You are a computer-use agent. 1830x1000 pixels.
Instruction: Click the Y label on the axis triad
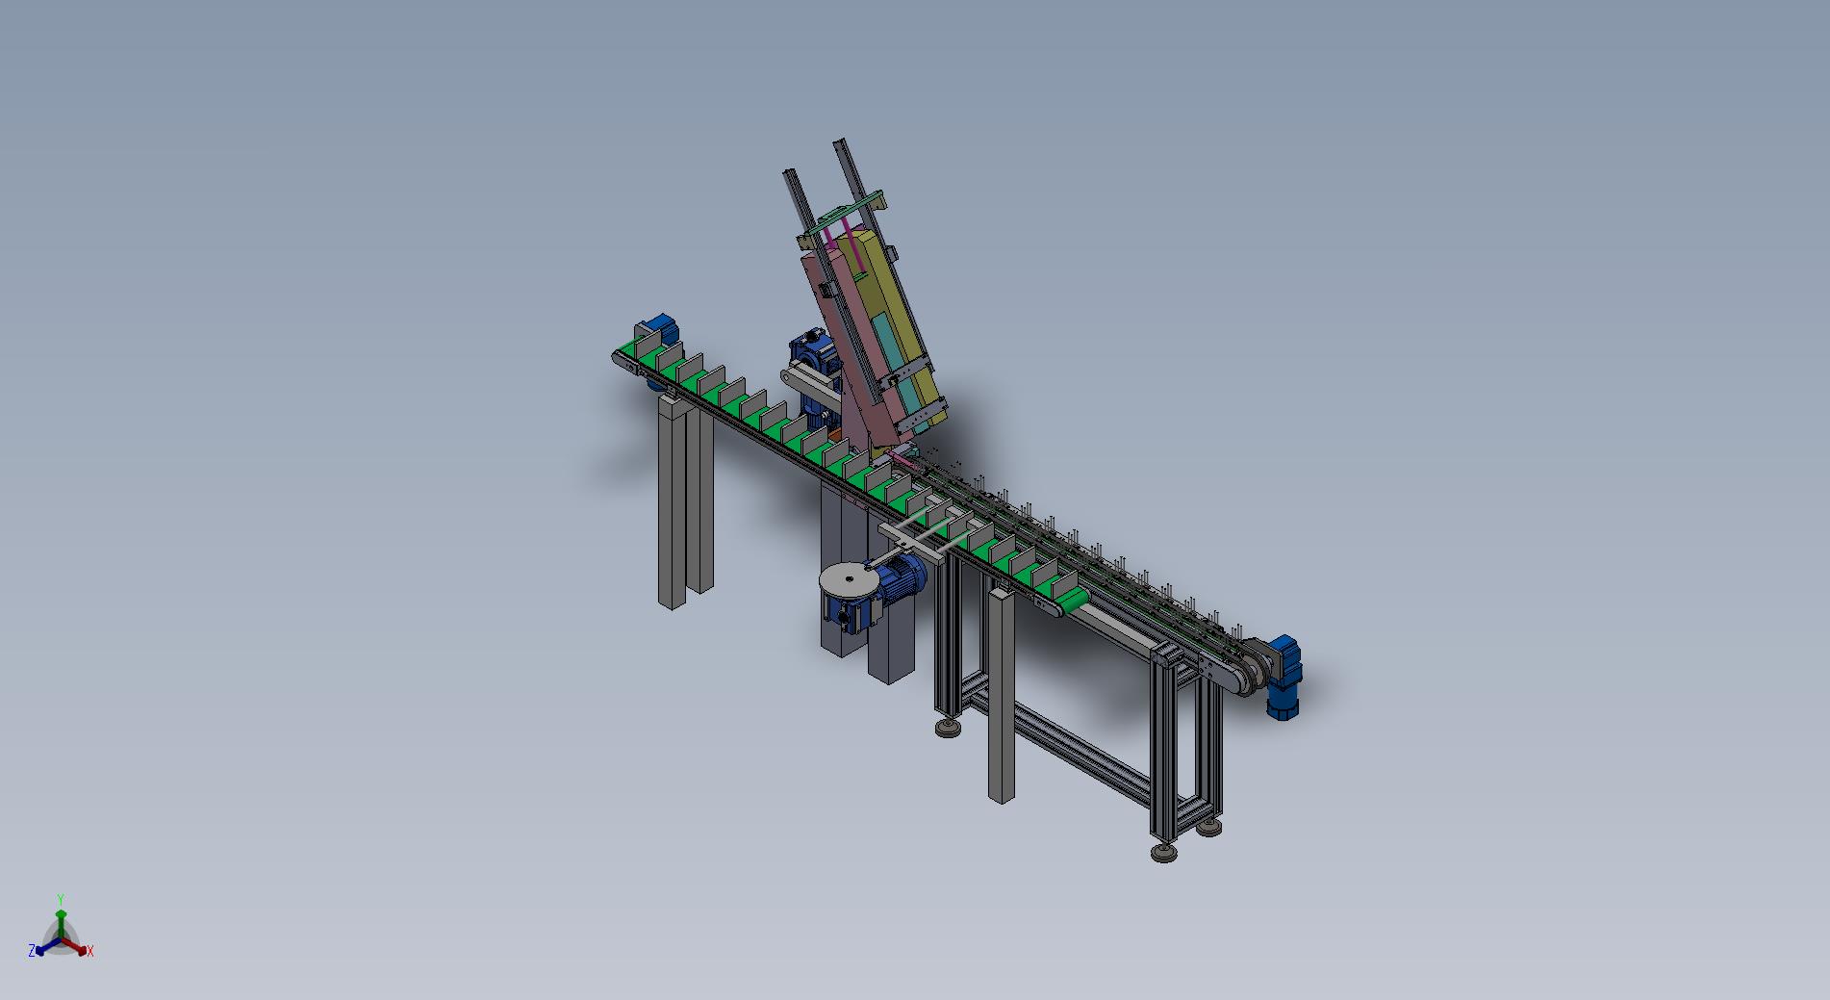[x=61, y=899]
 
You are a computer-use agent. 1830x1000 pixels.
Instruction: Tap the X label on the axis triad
[x=90, y=951]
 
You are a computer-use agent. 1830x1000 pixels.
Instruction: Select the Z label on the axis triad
[x=32, y=950]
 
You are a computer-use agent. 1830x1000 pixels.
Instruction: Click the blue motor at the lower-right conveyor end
[x=1282, y=678]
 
